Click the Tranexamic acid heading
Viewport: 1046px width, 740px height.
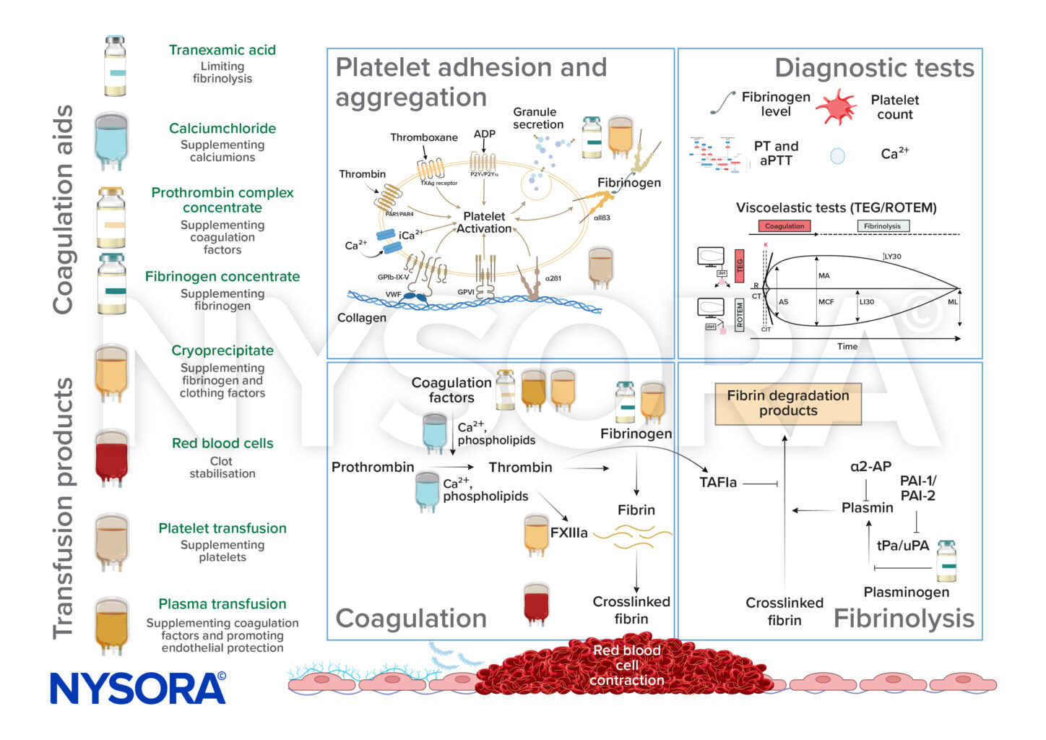(x=222, y=50)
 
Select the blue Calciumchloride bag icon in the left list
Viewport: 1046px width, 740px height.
(x=111, y=140)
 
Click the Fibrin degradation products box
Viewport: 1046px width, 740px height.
(x=788, y=403)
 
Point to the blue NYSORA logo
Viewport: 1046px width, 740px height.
(x=138, y=688)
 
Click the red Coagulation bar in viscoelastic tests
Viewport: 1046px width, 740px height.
(x=784, y=226)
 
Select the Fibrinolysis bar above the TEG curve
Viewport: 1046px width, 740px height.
(x=882, y=226)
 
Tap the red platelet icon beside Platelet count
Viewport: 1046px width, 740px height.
(x=837, y=106)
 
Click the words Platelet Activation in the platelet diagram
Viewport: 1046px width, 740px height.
(x=484, y=223)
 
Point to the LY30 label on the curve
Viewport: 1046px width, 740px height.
(x=893, y=257)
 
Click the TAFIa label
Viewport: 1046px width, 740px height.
(x=718, y=483)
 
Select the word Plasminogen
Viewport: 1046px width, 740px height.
(x=907, y=592)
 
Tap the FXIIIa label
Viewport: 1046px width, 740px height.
(x=569, y=533)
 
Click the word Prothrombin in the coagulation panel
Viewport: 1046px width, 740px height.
(x=373, y=468)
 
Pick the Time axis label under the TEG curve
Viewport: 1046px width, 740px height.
(x=847, y=347)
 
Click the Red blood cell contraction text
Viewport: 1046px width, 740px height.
(x=627, y=665)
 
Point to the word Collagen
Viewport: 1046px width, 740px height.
(x=362, y=318)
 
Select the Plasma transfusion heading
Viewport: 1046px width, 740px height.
(x=222, y=604)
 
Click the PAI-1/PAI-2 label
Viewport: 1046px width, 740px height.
(x=917, y=489)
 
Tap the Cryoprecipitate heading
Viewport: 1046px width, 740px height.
(x=222, y=350)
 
